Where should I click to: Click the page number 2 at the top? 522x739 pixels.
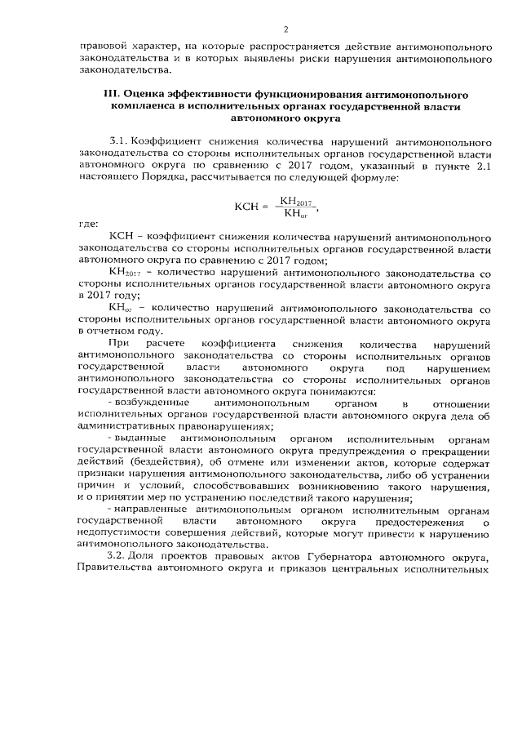click(x=286, y=29)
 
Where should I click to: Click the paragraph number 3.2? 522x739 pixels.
click(x=117, y=557)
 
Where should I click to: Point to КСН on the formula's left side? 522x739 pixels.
click(x=246, y=207)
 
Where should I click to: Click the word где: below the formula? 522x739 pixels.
click(x=88, y=224)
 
